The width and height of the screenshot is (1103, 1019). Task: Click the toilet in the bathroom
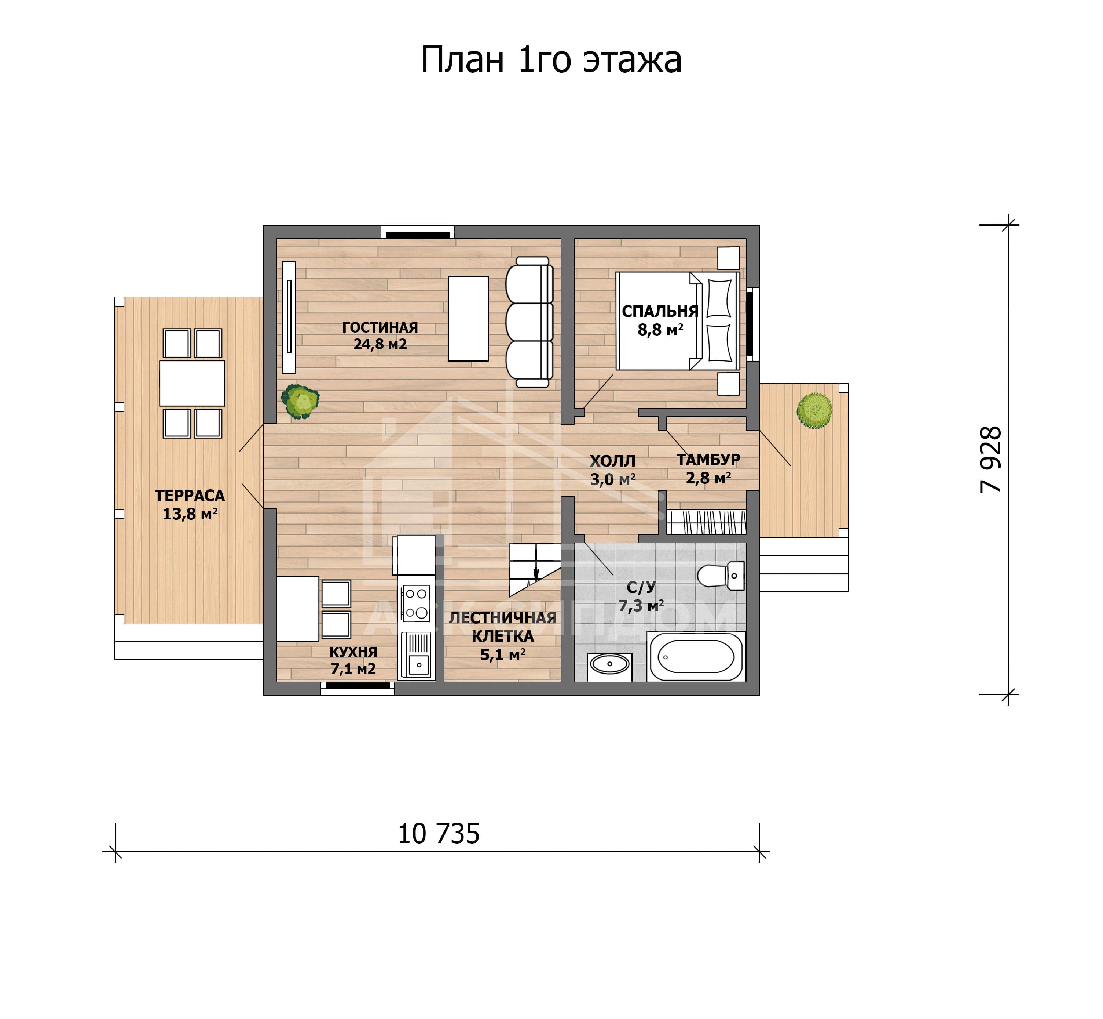coord(721,576)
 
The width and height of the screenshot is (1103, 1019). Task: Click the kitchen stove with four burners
coord(416,603)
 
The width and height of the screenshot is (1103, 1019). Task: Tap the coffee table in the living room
coord(468,319)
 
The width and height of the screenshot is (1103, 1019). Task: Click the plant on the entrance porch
coord(814,410)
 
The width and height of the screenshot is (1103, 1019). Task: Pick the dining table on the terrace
coord(192,383)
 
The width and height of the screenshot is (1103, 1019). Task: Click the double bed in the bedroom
coord(678,321)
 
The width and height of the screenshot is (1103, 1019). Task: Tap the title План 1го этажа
coord(551,59)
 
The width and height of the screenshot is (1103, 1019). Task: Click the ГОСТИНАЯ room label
coord(380,327)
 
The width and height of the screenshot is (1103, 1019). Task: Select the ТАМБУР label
coord(708,459)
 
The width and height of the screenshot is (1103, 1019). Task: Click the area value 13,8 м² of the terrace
coord(190,514)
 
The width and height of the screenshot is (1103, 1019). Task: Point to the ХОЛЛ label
coord(613,461)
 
